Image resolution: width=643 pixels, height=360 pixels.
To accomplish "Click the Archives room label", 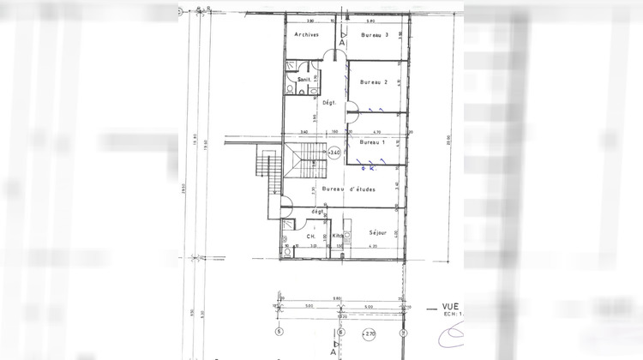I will coord(306,35).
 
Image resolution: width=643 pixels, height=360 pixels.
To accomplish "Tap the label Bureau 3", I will coord(375,35).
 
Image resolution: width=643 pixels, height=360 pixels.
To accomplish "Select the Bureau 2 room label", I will coord(375,82).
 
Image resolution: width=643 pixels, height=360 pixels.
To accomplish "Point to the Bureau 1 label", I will coord(373,142).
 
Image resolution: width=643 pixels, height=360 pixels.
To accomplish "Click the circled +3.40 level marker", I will coord(334,152).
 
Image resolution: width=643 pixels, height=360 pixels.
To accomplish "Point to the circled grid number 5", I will coord(279,332).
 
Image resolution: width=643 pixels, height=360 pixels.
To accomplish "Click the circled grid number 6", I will coord(341,332).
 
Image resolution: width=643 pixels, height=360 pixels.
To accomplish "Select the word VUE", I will coord(449,305).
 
